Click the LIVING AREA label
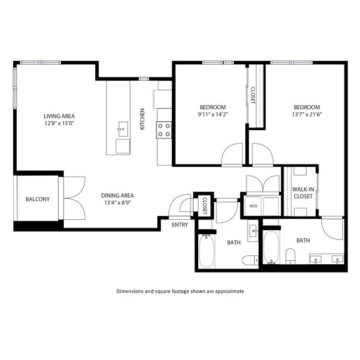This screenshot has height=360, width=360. pyautogui.click(x=59, y=116)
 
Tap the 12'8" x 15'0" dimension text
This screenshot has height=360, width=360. pyautogui.click(x=59, y=124)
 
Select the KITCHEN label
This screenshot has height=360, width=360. pyautogui.click(x=142, y=119)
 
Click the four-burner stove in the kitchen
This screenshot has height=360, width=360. pyautogui.click(x=164, y=130)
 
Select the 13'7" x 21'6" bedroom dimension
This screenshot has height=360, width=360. pyautogui.click(x=306, y=115)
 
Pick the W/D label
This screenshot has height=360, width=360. pyautogui.click(x=254, y=206)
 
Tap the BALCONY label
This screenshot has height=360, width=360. pyautogui.click(x=38, y=199)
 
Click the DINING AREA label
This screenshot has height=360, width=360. pyautogui.click(x=117, y=195)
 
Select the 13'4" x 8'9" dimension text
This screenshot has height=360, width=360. pyautogui.click(x=117, y=203)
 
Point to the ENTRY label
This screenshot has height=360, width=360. pyautogui.click(x=179, y=225)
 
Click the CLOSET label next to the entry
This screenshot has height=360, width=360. pyautogui.click(x=204, y=205)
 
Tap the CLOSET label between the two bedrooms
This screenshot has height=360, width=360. pyautogui.click(x=253, y=95)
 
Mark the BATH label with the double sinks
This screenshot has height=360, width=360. pyautogui.click(x=303, y=240)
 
